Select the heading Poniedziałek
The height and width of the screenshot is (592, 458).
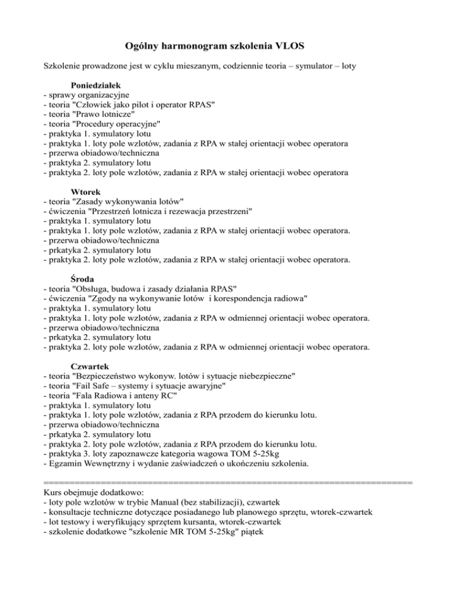pyautogui.click(x=95, y=84)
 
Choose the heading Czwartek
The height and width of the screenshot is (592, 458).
pyautogui.click(x=89, y=364)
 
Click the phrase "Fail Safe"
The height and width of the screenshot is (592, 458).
pyautogui.click(x=96, y=386)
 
